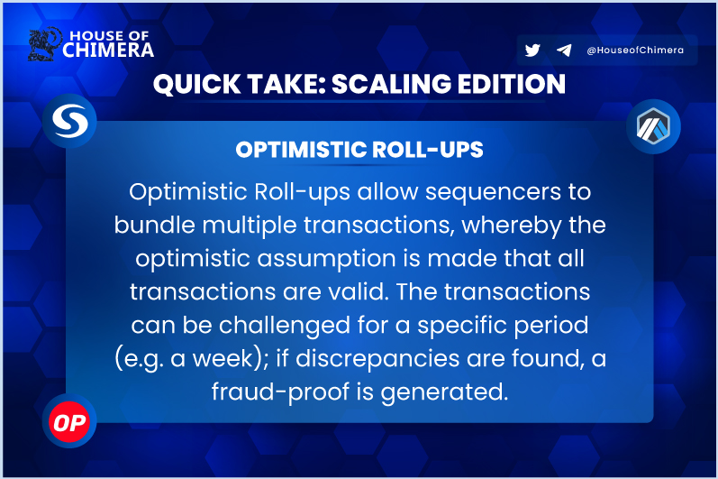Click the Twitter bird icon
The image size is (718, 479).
tap(532, 51)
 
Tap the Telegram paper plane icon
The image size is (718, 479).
tap(564, 51)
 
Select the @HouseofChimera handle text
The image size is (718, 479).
tap(635, 51)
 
